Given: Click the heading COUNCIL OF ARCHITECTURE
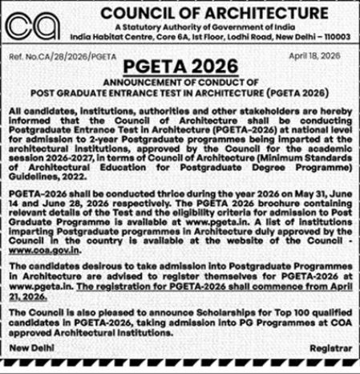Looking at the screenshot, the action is click(x=208, y=14).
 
